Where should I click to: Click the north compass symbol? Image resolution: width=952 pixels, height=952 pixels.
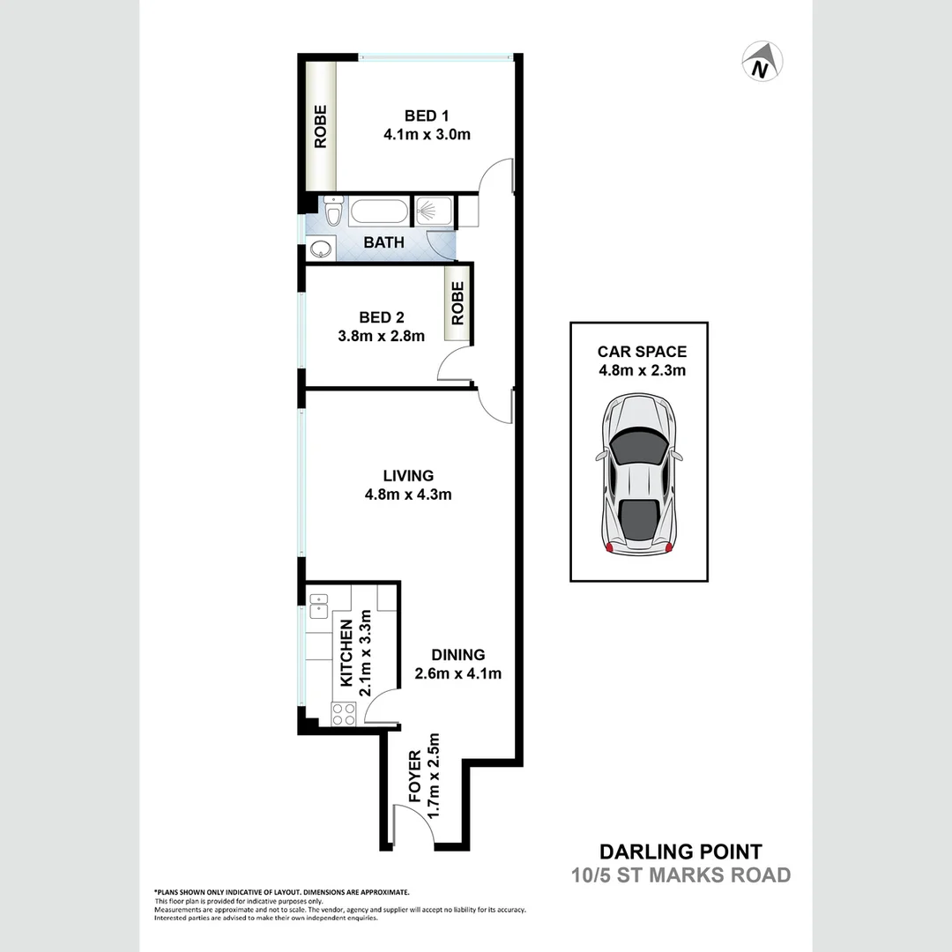(762, 62)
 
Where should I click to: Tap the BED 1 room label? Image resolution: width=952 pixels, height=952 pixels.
(427, 115)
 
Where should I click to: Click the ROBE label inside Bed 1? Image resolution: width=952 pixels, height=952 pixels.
(320, 127)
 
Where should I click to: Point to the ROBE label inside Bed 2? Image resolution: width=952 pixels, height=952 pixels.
(457, 304)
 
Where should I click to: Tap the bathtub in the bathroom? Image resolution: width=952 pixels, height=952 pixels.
(378, 212)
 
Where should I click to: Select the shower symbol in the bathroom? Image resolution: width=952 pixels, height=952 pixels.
(432, 212)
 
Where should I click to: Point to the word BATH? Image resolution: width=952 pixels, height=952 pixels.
(383, 242)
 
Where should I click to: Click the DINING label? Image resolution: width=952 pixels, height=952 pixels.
(458, 655)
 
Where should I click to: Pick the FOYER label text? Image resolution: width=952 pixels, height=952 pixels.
(415, 777)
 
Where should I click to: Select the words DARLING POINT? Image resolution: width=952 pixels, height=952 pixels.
(681, 852)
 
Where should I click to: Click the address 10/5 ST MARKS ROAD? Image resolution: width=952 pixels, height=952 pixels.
(681, 875)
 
